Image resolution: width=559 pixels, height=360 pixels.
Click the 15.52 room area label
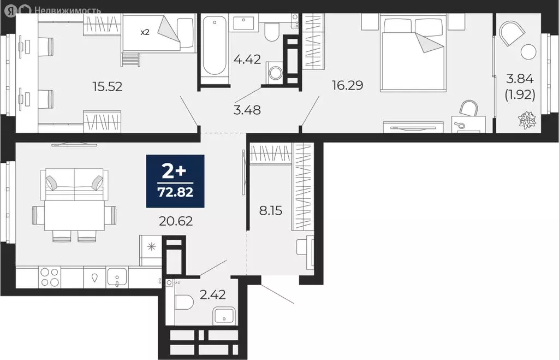(x=106, y=86)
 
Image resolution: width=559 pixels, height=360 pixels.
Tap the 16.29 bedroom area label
(x=348, y=85)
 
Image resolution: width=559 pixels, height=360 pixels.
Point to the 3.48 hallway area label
(x=247, y=110)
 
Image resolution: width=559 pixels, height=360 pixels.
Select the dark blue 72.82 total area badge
(x=175, y=181)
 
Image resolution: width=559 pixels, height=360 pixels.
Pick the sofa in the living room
(x=74, y=183)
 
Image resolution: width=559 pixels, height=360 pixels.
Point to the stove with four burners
(x=50, y=278)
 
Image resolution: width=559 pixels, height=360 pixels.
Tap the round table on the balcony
(x=528, y=52)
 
